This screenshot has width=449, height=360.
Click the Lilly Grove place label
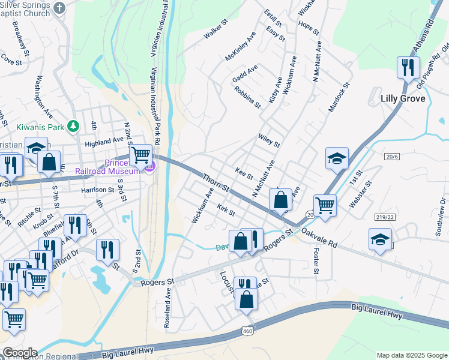(x=403, y=98)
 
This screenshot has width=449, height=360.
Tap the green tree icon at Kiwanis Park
(x=73, y=126)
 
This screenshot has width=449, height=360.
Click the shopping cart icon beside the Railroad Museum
(x=140, y=155)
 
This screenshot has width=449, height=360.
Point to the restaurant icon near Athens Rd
(x=408, y=68)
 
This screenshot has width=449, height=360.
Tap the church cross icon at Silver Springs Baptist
(x=59, y=8)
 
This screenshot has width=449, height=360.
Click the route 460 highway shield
(x=248, y=331)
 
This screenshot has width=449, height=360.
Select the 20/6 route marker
(x=392, y=156)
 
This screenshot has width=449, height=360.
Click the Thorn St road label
(x=215, y=184)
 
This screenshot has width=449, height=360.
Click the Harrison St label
(x=98, y=190)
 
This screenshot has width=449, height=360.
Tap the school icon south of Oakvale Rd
(x=381, y=239)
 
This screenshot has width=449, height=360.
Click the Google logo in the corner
(x=19, y=353)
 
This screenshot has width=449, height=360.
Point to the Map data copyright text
(x=411, y=355)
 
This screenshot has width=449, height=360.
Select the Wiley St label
(x=269, y=141)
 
